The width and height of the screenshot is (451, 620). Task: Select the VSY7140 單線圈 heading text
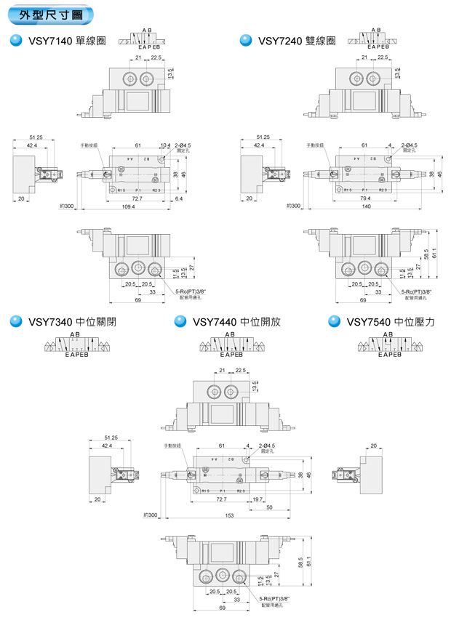(65, 41)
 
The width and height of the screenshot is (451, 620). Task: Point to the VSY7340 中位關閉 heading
(72, 321)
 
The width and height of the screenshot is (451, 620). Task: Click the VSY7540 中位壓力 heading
(390, 321)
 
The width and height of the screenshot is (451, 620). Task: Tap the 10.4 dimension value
(165, 145)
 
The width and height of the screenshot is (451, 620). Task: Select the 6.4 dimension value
(180, 198)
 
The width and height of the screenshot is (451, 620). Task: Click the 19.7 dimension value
(258, 499)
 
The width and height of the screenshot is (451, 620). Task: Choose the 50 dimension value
(269, 507)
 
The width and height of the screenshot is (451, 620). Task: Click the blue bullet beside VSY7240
(245, 41)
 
